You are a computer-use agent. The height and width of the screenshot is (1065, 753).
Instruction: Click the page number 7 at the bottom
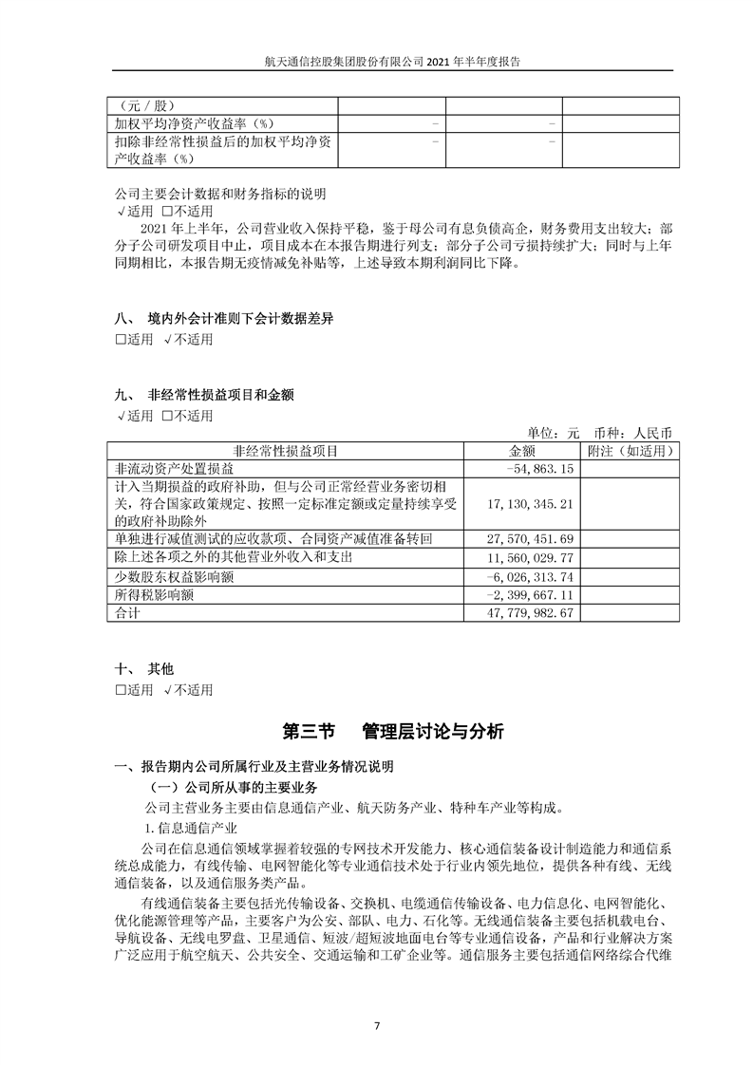(x=377, y=1025)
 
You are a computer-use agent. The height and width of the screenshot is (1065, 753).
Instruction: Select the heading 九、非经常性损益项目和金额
(x=210, y=393)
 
